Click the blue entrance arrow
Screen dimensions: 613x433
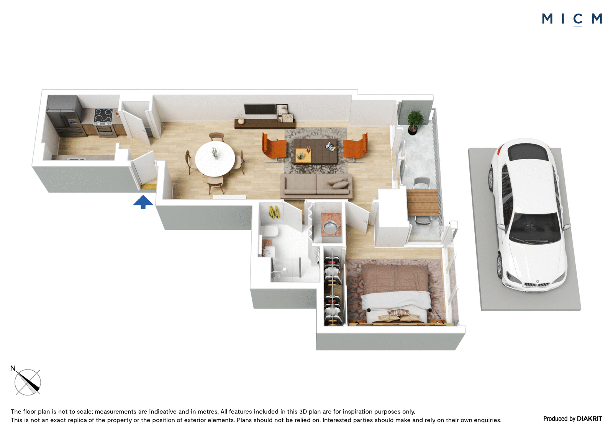(x=143, y=202)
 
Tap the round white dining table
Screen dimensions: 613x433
(x=215, y=158)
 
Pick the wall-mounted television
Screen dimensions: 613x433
(x=259, y=109)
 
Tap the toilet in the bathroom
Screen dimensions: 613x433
(x=270, y=231)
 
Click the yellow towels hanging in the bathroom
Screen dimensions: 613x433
(x=274, y=212)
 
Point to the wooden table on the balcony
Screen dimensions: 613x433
(x=423, y=203)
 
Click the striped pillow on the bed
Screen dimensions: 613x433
(x=398, y=313)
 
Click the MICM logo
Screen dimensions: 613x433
(x=572, y=20)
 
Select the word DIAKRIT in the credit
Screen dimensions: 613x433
(x=589, y=419)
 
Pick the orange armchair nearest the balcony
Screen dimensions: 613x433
(x=356, y=146)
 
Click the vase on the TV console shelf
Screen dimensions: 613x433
(x=241, y=121)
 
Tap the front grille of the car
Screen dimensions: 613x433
(x=536, y=284)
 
